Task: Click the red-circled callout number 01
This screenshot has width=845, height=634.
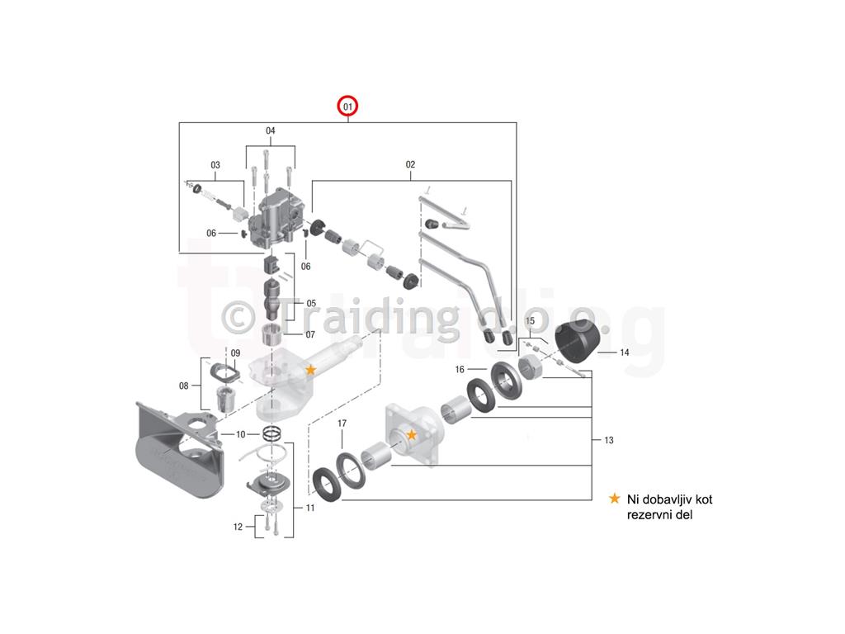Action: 347,106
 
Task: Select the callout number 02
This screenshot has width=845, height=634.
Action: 411,164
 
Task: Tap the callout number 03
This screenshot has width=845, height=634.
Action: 215,165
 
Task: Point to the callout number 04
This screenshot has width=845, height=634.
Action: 271,130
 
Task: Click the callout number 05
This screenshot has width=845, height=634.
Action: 311,304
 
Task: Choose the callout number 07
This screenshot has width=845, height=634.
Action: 310,335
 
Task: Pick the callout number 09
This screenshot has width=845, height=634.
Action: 235,353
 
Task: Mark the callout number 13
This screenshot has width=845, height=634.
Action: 609,441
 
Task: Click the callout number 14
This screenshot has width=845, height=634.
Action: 625,352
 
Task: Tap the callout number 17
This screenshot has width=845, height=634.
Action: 342,423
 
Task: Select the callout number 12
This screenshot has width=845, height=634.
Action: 238,528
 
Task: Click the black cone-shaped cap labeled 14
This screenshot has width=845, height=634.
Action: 576,342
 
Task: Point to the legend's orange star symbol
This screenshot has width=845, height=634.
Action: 614,499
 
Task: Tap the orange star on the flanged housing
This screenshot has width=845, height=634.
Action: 412,434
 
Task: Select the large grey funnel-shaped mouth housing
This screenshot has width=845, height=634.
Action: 178,447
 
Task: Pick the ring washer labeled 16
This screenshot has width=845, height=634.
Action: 507,381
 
